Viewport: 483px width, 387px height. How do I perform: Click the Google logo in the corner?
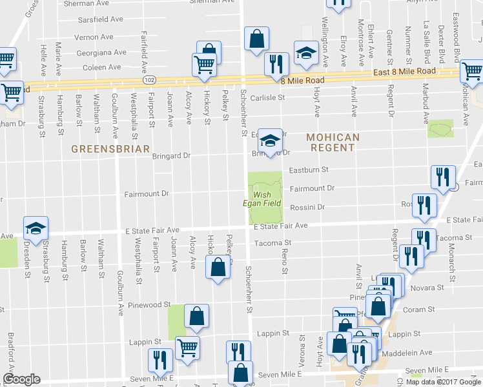coord(21,379)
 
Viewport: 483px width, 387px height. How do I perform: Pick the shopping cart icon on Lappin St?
coord(187,348)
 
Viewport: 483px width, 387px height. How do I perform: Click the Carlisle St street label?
coord(268,97)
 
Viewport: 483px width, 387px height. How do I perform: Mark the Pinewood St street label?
coord(149,304)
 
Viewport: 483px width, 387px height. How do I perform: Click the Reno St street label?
coord(284,261)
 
